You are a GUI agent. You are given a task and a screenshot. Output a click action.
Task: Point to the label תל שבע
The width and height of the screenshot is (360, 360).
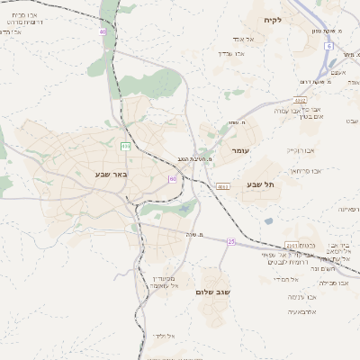pyautogui.click(x=260, y=184)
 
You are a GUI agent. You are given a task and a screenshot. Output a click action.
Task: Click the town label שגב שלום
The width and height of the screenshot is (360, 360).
pyautogui.click(x=213, y=292)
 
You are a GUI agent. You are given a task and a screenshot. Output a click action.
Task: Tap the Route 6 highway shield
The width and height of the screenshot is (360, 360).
pyautogui.click(x=329, y=46)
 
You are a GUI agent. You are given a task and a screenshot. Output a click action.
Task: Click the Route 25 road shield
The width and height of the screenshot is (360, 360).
pyautogui.click(x=231, y=241)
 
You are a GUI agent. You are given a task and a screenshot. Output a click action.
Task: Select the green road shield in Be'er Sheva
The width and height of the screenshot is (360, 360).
pyautogui.click(x=125, y=146)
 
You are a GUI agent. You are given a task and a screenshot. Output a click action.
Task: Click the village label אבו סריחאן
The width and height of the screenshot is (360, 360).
pyautogui.click(x=306, y=170)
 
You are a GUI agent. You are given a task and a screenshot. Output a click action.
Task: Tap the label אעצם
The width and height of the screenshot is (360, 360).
pyautogui.click(x=338, y=72)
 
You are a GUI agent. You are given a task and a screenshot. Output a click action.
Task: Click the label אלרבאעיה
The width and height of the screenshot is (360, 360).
pyautogui.click(x=302, y=311)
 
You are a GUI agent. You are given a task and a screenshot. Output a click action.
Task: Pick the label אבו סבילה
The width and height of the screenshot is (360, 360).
pyautogui.click(x=334, y=283)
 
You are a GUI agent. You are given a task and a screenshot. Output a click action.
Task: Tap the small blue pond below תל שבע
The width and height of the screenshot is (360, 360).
pyautogui.click(x=268, y=220)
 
